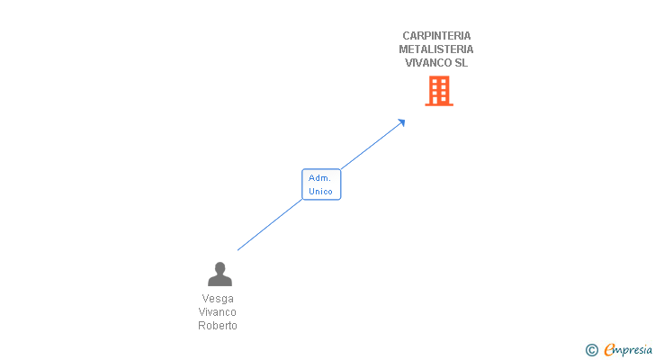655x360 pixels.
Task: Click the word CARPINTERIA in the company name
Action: coord(436,36)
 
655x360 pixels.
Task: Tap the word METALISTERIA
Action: coord(436,49)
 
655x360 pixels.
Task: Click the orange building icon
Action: coord(439,91)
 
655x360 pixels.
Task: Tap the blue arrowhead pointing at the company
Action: coord(401,122)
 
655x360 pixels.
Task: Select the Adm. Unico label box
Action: coord(321,184)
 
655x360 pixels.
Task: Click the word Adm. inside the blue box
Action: coord(319,178)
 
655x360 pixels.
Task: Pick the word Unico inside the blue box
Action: coord(320,192)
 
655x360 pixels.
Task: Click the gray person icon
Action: coord(220,274)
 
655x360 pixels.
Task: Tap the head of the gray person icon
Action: coord(220,267)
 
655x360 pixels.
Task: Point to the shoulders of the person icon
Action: coord(220,281)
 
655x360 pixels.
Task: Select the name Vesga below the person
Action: coord(218,299)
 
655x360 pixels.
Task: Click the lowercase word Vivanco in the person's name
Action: coord(217,312)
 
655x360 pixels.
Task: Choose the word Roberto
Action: coord(218,325)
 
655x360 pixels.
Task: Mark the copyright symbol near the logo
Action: coord(591,350)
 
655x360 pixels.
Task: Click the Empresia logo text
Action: coord(628,349)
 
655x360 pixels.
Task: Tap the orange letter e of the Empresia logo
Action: coord(609,350)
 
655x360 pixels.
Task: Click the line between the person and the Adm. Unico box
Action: coord(270,225)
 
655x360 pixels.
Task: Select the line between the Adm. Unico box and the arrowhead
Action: coord(371,146)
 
